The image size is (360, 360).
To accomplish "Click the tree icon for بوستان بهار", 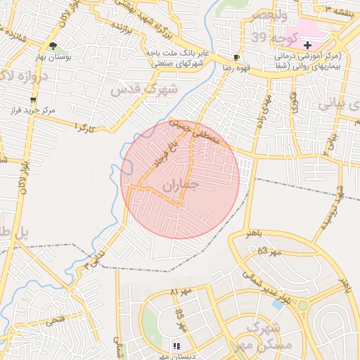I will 53,46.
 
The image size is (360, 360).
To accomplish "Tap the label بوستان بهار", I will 53,57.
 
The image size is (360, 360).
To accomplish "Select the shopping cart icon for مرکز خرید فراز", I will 33,101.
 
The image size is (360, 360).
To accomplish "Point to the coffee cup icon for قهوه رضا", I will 236,58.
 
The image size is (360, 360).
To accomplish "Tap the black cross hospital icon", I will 307,45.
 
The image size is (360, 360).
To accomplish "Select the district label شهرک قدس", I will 136,89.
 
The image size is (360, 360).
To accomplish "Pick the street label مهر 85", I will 180,319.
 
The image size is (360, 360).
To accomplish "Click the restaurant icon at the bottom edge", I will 176,346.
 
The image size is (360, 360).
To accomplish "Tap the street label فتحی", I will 53,320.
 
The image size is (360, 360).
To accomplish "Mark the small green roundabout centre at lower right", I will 303,306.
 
